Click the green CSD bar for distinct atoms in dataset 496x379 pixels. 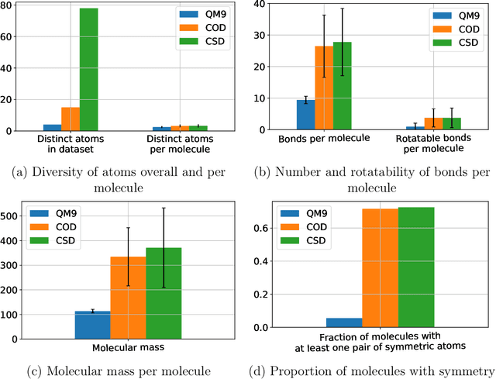click(x=89, y=70)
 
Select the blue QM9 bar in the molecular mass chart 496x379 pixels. click(x=92, y=325)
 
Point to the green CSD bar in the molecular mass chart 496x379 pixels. click(x=163, y=293)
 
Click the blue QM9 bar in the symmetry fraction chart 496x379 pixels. click(x=343, y=322)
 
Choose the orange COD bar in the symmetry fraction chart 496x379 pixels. click(x=381, y=268)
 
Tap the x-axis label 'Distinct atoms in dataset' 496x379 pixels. click(x=71, y=142)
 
